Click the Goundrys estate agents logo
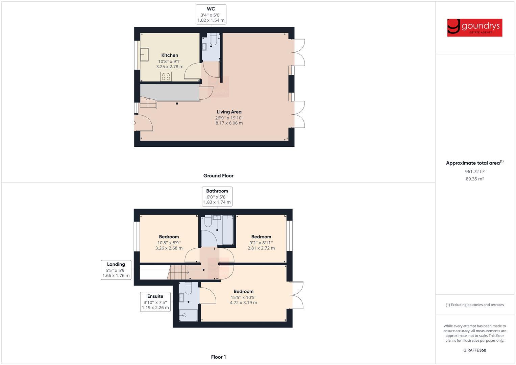tap(474, 28)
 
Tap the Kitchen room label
tap(170, 55)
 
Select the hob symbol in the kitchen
tap(166, 76)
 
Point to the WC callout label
tap(211, 14)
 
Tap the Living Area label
tap(229, 112)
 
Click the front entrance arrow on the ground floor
tap(134, 123)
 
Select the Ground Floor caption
tap(218, 176)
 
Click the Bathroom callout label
tap(217, 196)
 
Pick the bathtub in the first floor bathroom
tap(227, 230)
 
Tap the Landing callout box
tap(116, 270)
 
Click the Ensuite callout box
tap(155, 302)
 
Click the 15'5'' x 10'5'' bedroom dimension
tap(243, 297)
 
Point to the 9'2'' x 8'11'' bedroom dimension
tap(261, 242)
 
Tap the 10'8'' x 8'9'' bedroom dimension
tap(169, 242)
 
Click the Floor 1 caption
tap(218, 357)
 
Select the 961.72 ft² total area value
tap(474, 172)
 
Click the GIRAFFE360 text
tap(474, 350)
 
